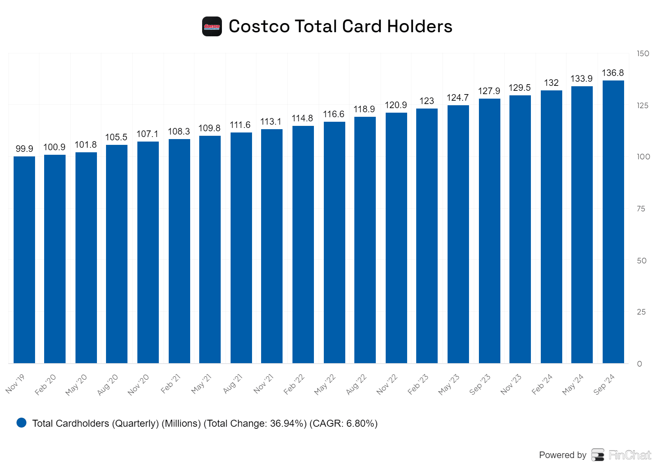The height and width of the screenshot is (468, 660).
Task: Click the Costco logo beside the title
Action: click(x=212, y=26)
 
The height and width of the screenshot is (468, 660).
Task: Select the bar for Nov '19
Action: click(x=24, y=260)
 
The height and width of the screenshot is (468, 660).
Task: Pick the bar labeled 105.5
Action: click(x=117, y=254)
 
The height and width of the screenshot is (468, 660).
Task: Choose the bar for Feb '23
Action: click(x=427, y=236)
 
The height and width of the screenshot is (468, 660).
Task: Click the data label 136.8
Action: click(x=613, y=73)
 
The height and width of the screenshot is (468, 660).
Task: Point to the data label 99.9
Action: click(x=24, y=149)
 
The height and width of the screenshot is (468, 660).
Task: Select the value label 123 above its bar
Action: click(x=427, y=101)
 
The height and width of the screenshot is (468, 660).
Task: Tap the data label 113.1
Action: click(x=271, y=122)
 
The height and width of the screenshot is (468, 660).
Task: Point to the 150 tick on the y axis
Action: click(x=643, y=54)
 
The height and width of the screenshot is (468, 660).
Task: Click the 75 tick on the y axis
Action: click(x=641, y=209)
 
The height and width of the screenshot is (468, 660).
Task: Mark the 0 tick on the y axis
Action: click(x=639, y=364)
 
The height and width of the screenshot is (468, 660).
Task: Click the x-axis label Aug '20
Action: click(x=108, y=385)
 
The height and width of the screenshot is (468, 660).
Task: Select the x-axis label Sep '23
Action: click(x=480, y=385)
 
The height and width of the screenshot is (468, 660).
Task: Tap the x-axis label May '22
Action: click(x=325, y=385)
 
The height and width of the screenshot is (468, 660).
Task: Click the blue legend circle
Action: click(x=21, y=423)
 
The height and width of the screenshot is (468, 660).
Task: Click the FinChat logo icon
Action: click(x=598, y=455)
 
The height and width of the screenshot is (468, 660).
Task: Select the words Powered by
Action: click(x=562, y=455)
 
